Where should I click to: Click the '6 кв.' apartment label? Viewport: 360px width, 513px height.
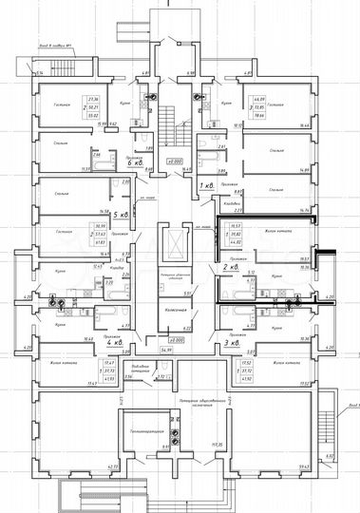pyautogui.click(x=134, y=162)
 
